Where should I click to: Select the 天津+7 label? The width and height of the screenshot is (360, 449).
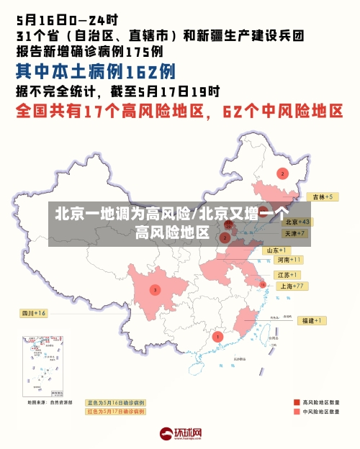[294, 234]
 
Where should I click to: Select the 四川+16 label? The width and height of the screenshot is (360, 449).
[33, 314]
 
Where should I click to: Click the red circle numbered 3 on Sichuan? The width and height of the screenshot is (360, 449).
[154, 290]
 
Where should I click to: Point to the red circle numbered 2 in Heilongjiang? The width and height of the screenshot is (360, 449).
[282, 173]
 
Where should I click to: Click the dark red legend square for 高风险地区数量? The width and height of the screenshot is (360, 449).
[297, 402]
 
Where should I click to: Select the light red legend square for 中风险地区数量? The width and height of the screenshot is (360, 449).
[297, 412]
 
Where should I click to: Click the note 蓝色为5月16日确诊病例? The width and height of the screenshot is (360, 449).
[116, 402]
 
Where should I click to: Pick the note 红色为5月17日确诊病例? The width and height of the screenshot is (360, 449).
[116, 412]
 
